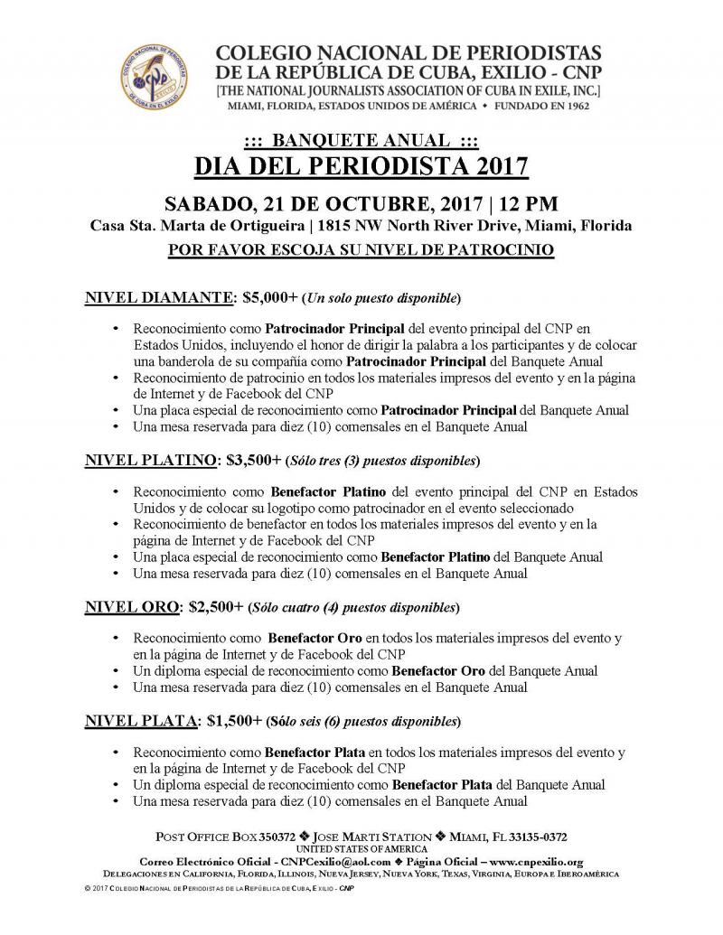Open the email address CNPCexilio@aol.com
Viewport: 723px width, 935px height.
point(328,862)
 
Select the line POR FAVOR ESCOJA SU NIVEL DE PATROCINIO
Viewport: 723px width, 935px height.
point(361,247)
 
